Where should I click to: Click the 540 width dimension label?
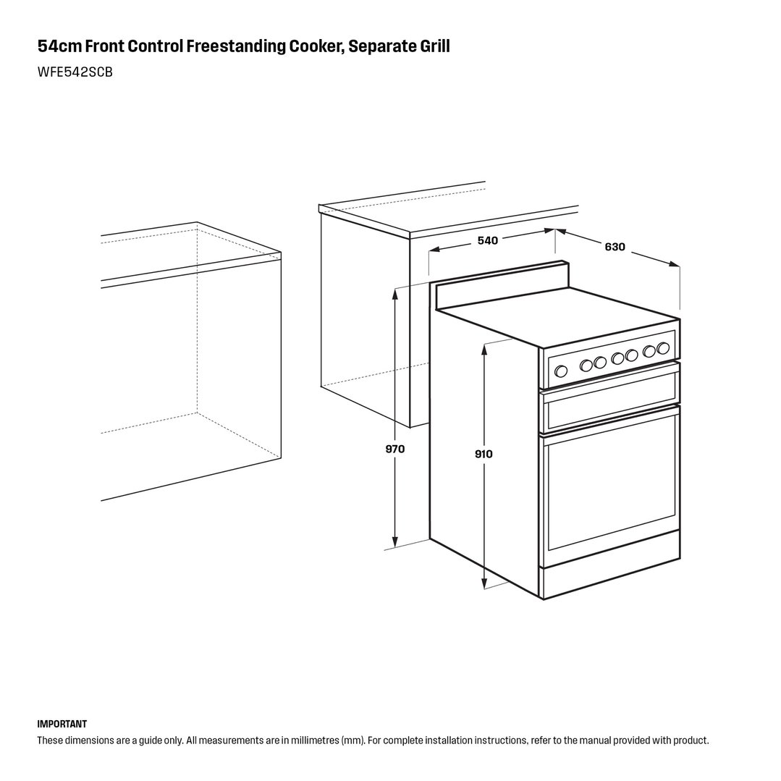(487, 240)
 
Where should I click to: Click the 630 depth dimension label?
(615, 247)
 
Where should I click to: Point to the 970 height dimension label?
(395, 449)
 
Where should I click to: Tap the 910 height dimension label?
(484, 454)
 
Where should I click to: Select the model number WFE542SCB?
(75, 72)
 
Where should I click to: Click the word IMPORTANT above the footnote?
(62, 724)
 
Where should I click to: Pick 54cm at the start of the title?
(59, 46)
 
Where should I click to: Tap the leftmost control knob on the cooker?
(561, 371)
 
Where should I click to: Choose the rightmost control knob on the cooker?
(662, 347)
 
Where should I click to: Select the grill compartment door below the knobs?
(611, 397)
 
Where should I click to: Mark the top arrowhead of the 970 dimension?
(395, 294)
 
